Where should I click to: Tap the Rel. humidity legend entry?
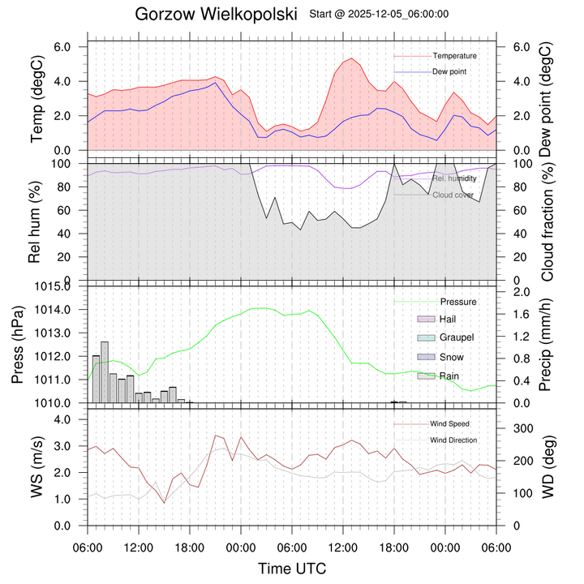tap(454, 178)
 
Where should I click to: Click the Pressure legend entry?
tap(457, 302)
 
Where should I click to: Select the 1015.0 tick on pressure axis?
tap(57, 286)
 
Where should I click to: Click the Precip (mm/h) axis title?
tap(547, 344)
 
